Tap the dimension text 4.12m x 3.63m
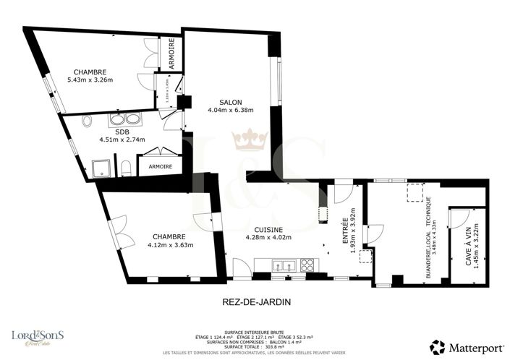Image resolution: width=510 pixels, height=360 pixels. pos(169,245)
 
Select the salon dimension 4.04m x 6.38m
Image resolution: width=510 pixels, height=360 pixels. pos(230,111)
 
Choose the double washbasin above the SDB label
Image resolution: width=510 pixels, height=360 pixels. pos(127,119)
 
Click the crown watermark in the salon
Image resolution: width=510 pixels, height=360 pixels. pos(250,138)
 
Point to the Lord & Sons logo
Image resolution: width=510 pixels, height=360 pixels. pos(38,336)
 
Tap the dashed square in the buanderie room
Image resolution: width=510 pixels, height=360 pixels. pos(415,192)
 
